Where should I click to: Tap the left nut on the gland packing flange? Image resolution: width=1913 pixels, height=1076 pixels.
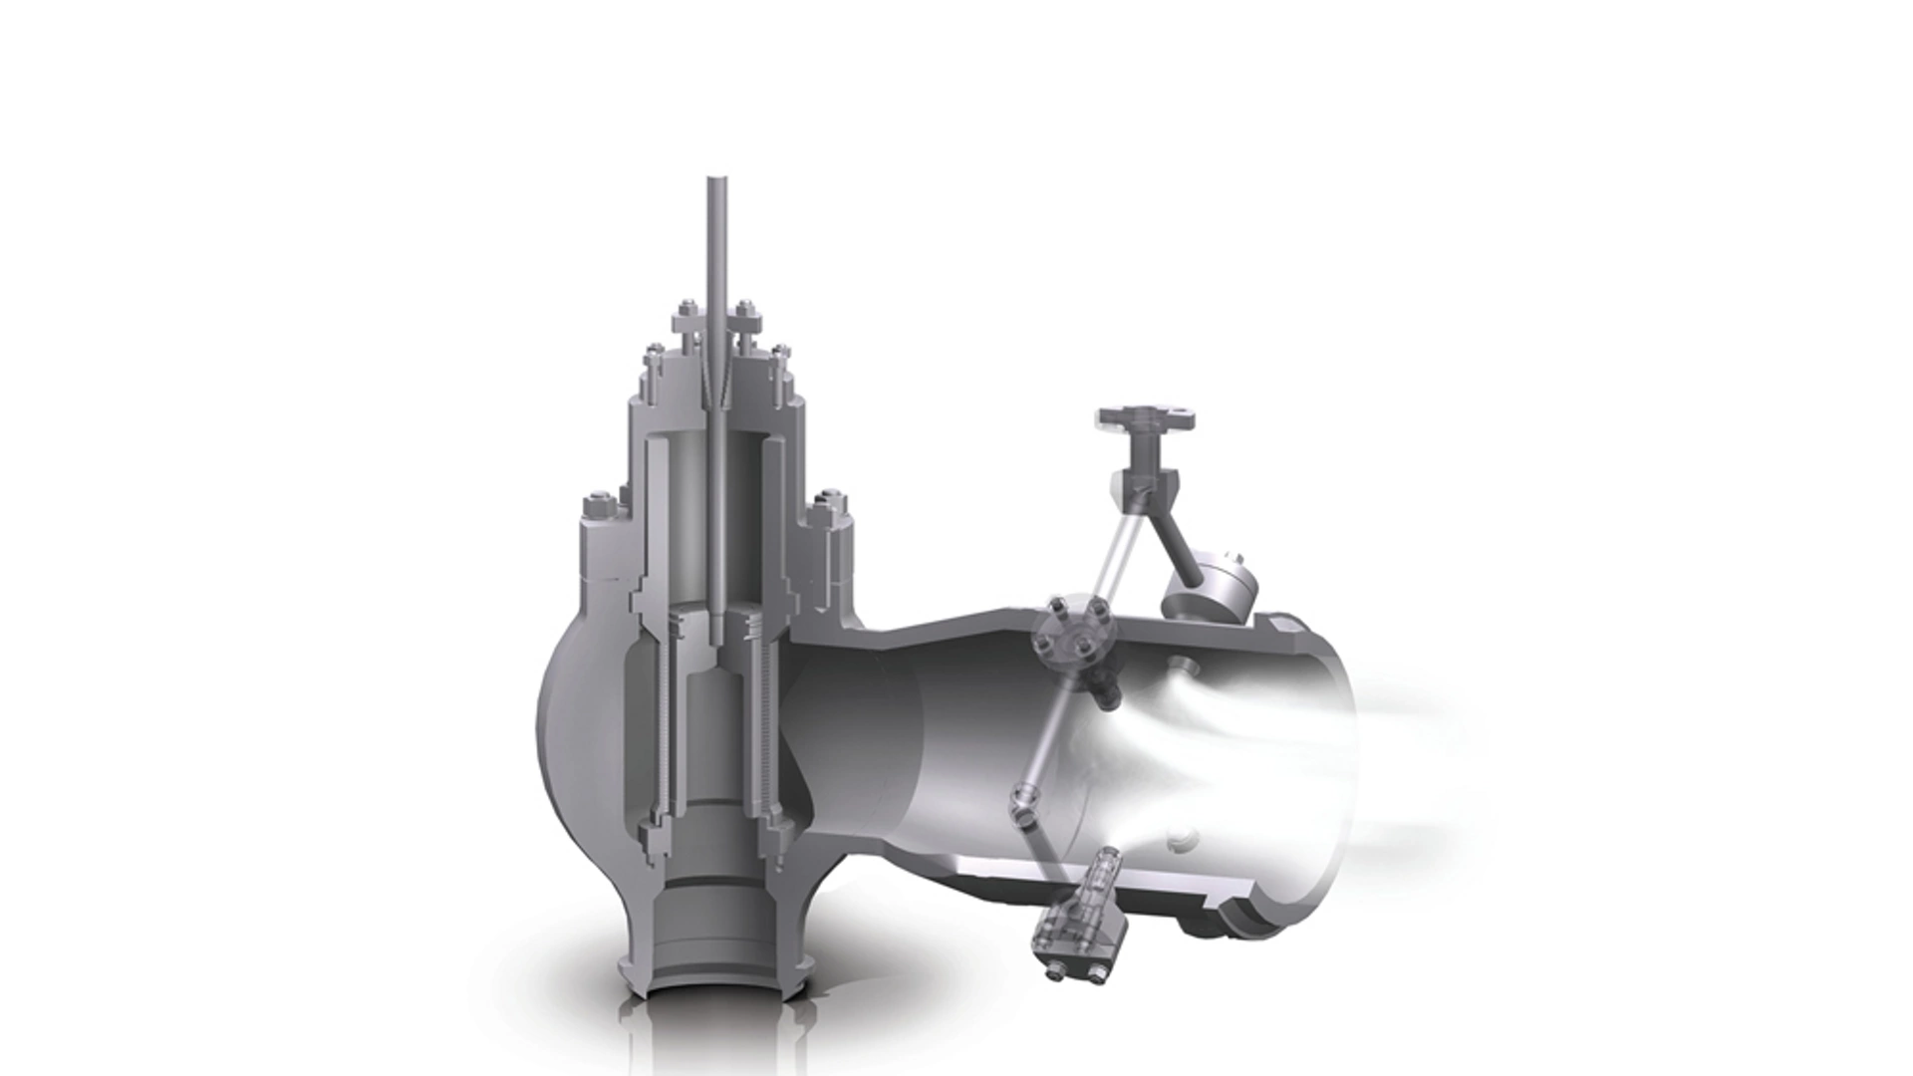tap(689, 311)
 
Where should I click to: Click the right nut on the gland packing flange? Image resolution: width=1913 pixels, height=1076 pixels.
tap(743, 311)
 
